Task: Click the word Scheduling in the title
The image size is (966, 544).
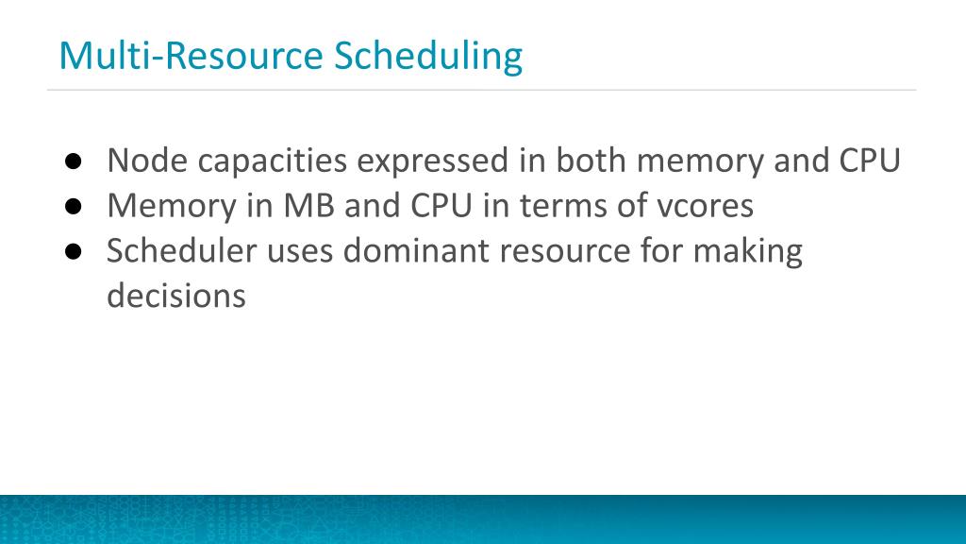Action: click(428, 57)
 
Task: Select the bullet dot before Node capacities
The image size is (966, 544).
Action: click(73, 161)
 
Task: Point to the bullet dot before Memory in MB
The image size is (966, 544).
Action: click(73, 206)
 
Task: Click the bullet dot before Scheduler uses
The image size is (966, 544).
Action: click(73, 251)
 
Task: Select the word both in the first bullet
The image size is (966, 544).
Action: click(591, 161)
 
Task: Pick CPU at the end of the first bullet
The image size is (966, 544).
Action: click(870, 161)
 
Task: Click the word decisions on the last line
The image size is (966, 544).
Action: click(175, 296)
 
